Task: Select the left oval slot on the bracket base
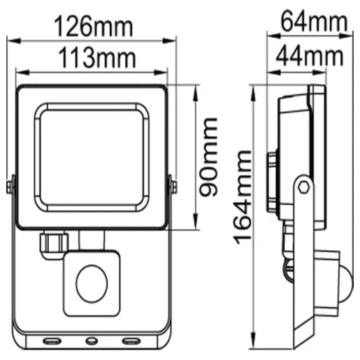click(54, 341)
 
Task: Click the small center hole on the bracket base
click(92, 341)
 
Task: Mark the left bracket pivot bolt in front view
click(10, 186)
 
